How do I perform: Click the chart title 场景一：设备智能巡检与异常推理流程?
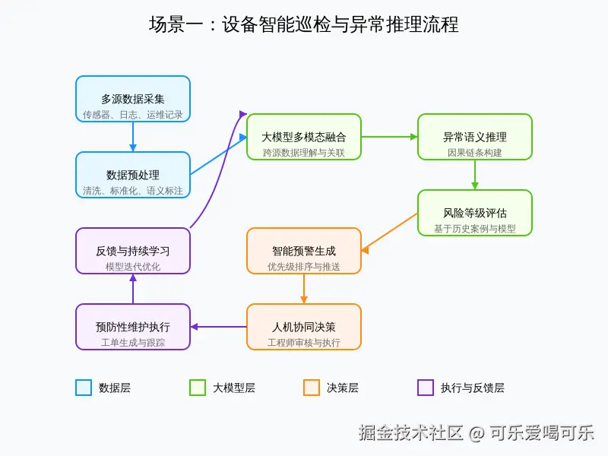tap(304, 24)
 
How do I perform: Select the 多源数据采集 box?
tap(133, 99)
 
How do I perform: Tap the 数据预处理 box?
tap(133, 175)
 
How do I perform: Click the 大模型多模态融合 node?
tap(304, 137)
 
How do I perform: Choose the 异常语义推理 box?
tap(475, 137)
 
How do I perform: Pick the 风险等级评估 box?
tap(475, 213)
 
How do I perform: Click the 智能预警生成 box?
tap(304, 251)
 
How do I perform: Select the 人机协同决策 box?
tap(304, 327)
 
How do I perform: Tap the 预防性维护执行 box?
tap(133, 327)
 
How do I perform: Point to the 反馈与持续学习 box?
tap(133, 251)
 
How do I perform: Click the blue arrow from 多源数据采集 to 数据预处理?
tap(133, 137)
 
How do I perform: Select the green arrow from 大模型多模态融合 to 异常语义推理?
tap(389, 137)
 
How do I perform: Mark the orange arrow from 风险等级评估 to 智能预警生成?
tap(389, 232)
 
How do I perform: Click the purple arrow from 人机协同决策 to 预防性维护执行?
tap(219, 327)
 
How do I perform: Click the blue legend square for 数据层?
tap(84, 388)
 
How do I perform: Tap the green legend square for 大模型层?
tap(198, 388)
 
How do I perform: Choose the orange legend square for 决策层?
tap(311, 388)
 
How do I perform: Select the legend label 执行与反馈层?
tap(472, 388)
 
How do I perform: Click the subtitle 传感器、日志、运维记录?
tap(133, 115)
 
